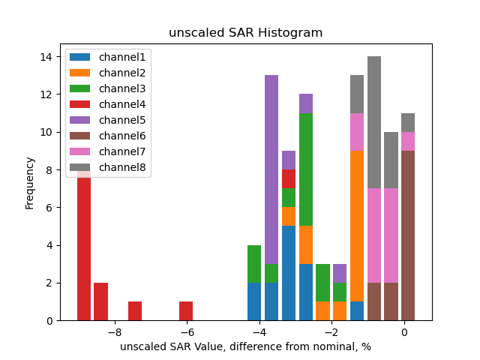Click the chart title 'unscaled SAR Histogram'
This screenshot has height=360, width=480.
(x=245, y=33)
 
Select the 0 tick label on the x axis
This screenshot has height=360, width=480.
(x=404, y=331)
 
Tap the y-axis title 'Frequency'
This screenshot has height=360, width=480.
(x=30, y=182)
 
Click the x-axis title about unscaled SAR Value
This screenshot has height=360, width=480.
(x=245, y=346)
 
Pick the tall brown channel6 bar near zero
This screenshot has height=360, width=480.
(x=408, y=235)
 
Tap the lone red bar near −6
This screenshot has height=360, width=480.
(x=186, y=311)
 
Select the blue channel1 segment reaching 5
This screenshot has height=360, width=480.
(x=289, y=273)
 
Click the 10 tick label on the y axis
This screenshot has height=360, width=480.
(x=46, y=132)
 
